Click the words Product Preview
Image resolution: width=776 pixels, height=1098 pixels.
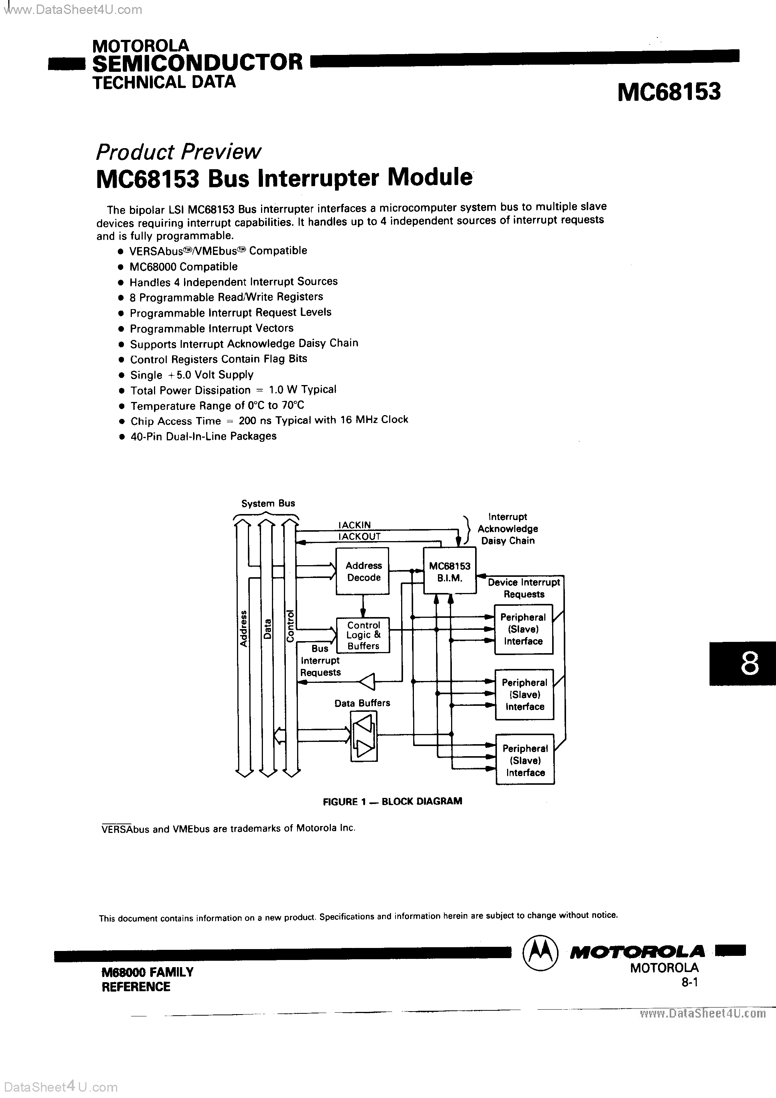coord(179,152)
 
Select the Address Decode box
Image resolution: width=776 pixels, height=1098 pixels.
coord(363,572)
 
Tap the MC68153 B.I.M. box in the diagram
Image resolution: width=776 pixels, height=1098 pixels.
coord(450,572)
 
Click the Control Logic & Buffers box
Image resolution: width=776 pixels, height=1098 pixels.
coord(363,635)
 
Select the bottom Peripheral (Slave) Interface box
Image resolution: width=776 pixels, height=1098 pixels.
coord(525,760)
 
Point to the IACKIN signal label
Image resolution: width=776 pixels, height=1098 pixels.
coord(354,525)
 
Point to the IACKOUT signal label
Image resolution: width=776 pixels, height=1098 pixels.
coord(359,536)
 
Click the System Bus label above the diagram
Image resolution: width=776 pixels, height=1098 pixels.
coord(268,503)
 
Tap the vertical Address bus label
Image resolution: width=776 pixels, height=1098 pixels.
coord(243,628)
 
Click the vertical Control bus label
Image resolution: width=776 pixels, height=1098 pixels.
coord(290,626)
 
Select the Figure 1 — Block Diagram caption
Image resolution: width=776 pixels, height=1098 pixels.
coord(392,801)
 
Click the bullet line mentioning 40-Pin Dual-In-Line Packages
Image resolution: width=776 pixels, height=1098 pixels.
coord(203,436)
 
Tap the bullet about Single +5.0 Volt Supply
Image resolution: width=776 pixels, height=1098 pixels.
coord(192,375)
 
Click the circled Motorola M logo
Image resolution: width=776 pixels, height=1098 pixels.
coord(540,952)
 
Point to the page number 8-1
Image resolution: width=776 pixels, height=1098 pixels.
coord(690,982)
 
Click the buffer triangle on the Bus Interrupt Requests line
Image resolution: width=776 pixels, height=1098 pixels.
coord(367,681)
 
